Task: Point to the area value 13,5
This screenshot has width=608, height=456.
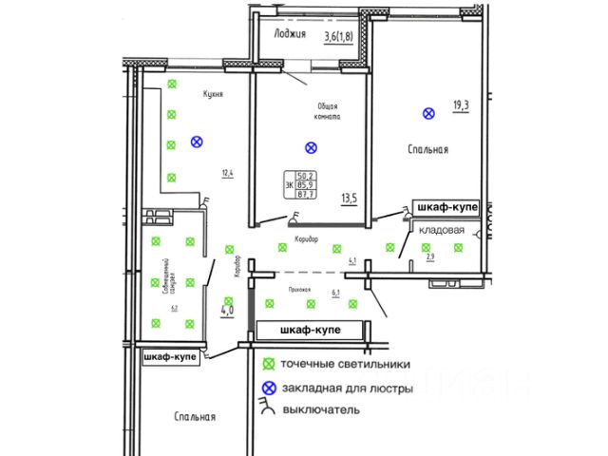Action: pyautogui.click(x=350, y=199)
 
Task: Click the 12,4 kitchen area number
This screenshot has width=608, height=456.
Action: pyautogui.click(x=226, y=173)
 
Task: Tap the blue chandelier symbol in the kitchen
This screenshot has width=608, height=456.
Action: pyautogui.click(x=197, y=142)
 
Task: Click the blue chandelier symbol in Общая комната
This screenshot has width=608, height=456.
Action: pyautogui.click(x=309, y=147)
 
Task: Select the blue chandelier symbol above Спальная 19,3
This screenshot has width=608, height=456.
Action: pyautogui.click(x=428, y=114)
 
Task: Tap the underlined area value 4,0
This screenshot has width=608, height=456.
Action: pyautogui.click(x=227, y=309)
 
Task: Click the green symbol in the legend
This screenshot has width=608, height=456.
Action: pyautogui.click(x=270, y=363)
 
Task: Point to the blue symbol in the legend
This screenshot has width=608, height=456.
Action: pyautogui.click(x=270, y=387)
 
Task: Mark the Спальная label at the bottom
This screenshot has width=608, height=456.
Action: pyautogui.click(x=196, y=417)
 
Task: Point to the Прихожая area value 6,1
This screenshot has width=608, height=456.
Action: pyautogui.click(x=335, y=293)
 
